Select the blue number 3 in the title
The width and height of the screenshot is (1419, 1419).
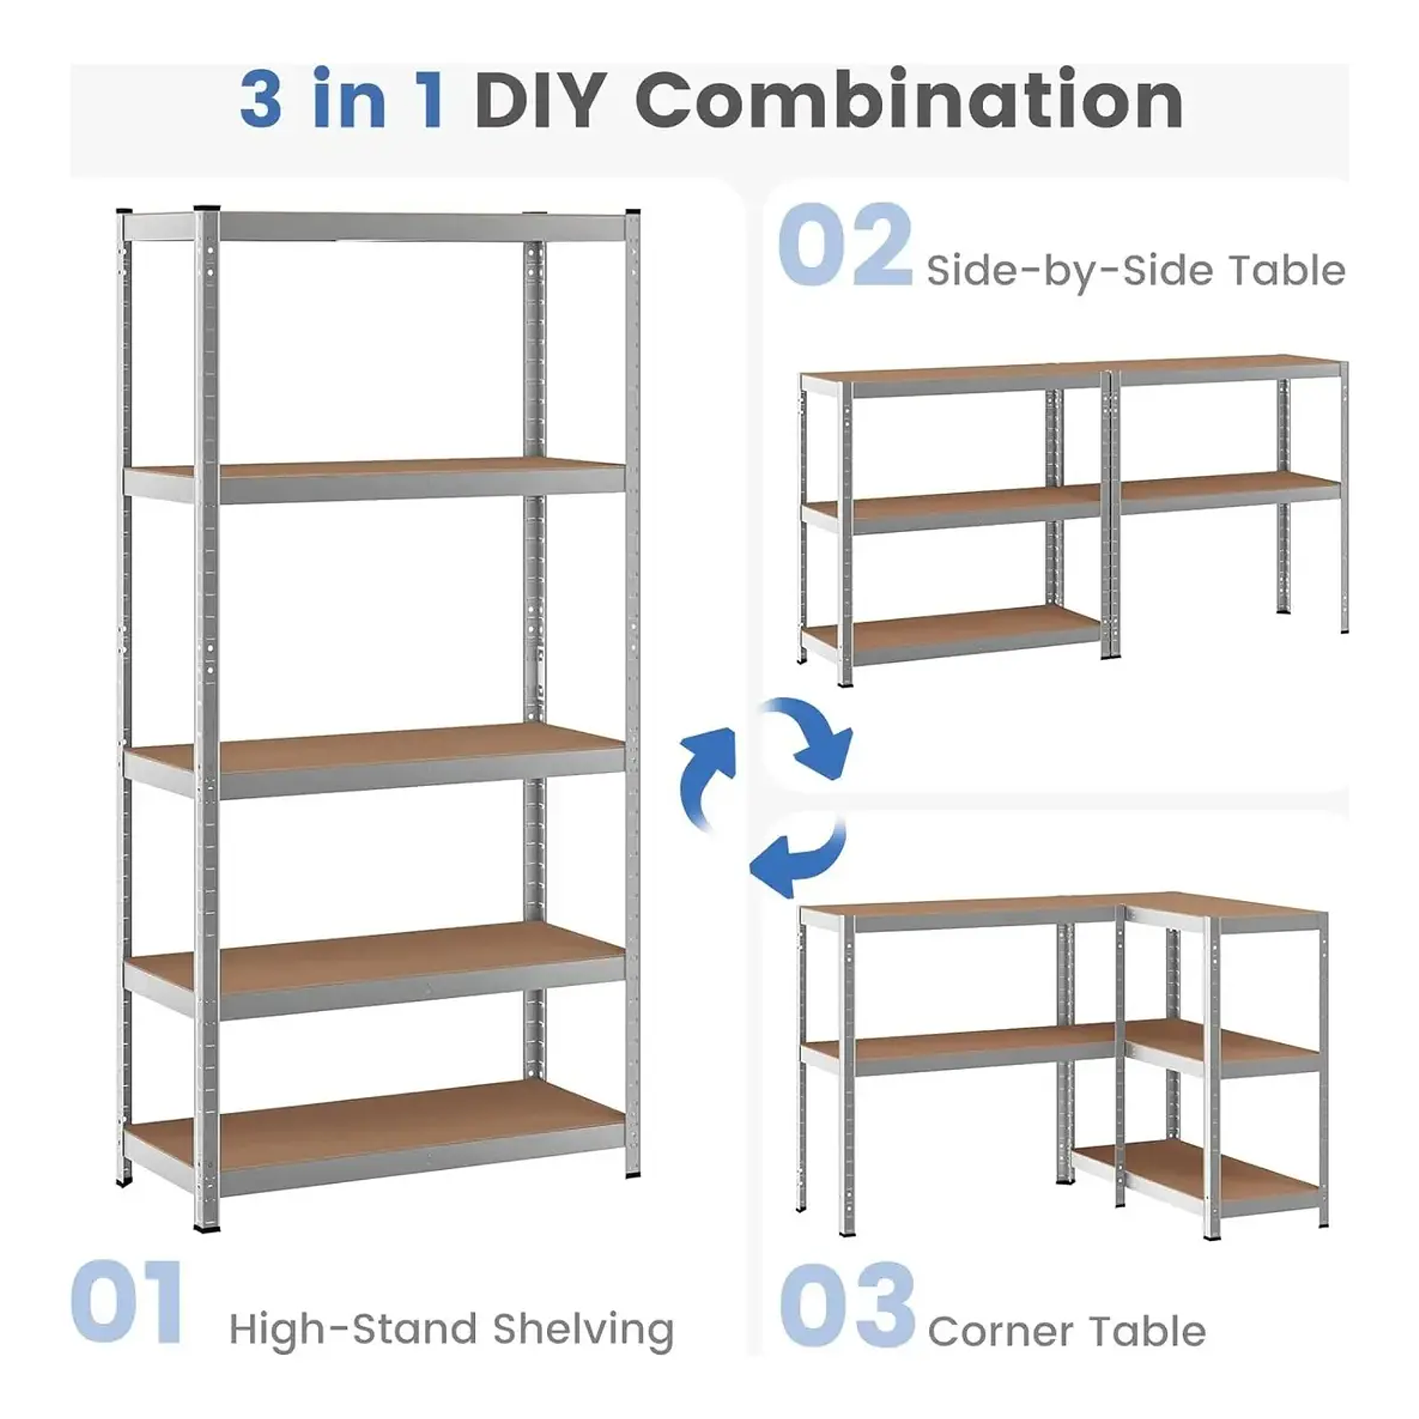pyautogui.click(x=261, y=102)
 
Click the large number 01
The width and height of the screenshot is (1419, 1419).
pyautogui.click(x=128, y=1303)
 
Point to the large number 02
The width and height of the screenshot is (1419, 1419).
pyautogui.click(x=845, y=245)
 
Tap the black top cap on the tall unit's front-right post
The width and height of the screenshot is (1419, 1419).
pyautogui.click(x=632, y=213)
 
